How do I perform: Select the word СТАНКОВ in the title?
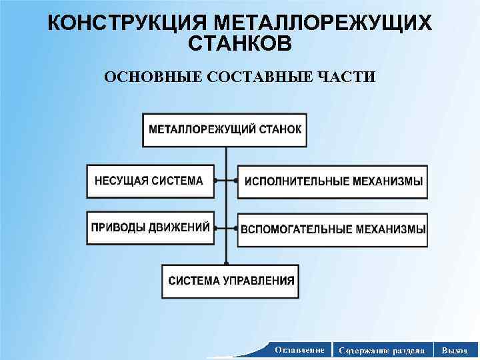point(240,45)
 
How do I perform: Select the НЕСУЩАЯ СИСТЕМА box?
point(151,181)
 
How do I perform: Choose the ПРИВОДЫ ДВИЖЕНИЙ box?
point(151,227)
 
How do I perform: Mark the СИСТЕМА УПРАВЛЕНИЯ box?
point(230,281)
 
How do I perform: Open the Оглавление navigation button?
point(299,349)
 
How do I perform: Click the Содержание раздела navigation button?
point(381,349)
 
